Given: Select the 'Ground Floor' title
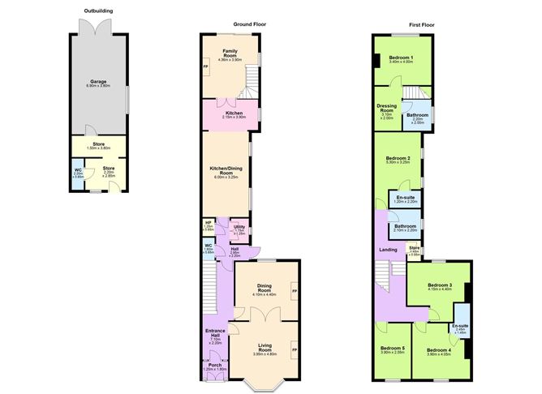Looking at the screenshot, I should click(251, 25).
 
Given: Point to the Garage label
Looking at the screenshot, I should click(98, 81).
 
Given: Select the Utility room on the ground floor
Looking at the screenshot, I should click(239, 230).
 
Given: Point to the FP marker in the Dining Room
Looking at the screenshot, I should click(295, 290).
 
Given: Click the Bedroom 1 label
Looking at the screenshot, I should click(401, 58).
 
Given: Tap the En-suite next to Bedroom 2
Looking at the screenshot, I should click(405, 199).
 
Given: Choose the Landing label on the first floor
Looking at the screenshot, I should click(388, 250).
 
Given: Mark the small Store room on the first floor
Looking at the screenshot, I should click(415, 249).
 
